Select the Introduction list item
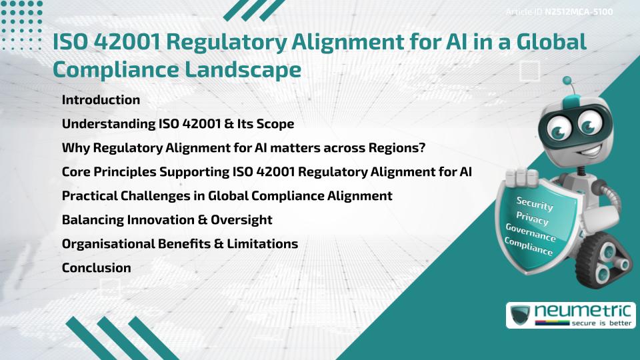click(101, 100)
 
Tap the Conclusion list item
click(96, 268)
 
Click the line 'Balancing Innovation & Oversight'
click(167, 220)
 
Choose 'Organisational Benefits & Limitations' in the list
click(179, 244)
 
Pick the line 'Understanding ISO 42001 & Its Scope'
click(177, 124)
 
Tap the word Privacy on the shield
click(532, 219)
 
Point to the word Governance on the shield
click(531, 233)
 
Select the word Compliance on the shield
click(529, 247)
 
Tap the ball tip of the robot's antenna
click(569, 81)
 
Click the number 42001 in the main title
click(122, 41)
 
